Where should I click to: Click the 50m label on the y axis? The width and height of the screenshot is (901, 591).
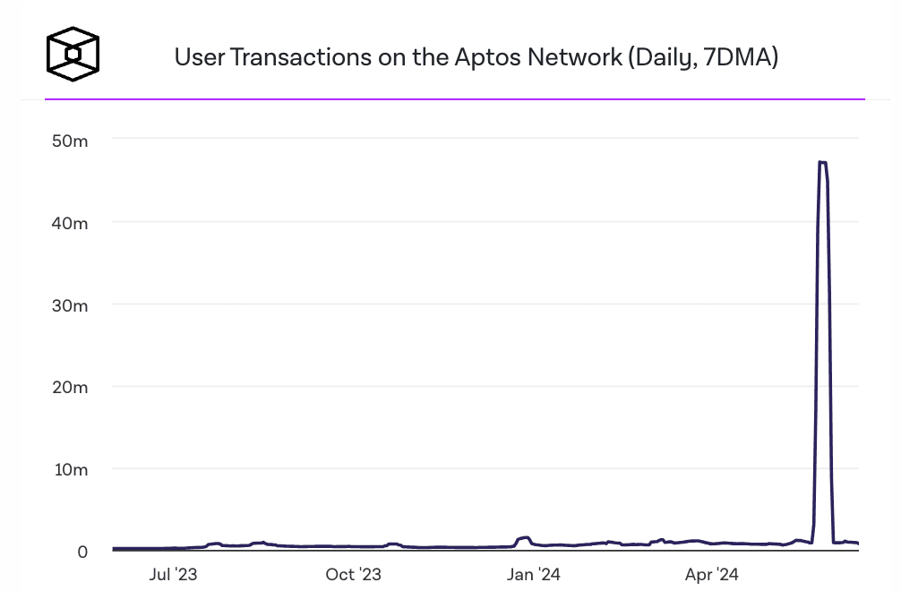pos(69,141)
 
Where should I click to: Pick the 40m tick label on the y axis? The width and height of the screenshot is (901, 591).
pos(69,223)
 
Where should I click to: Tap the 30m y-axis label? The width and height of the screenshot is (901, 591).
pos(69,305)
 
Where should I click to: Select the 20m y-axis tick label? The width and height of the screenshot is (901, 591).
pos(69,388)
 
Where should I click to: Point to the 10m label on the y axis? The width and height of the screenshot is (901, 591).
pos(69,470)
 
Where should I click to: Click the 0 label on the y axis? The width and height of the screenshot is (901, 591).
pos(82,552)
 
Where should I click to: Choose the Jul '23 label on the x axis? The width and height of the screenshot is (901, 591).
pos(173,574)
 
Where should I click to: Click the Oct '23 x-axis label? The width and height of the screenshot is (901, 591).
pos(353,574)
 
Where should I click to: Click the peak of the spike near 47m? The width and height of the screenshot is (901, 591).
pos(822,162)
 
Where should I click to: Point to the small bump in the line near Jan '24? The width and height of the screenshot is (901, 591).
pos(524,538)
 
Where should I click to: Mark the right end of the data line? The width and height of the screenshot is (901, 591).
pos(858,544)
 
